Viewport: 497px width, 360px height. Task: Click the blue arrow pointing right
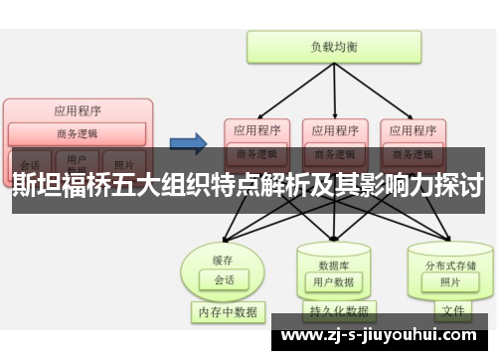pyautogui.click(x=186, y=141)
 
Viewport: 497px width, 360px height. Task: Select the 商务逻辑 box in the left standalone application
pyautogui.click(x=78, y=134)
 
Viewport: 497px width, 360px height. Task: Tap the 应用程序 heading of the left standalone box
pyautogui.click(x=78, y=110)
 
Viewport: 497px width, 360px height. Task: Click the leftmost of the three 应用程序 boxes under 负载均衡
pyautogui.click(x=256, y=129)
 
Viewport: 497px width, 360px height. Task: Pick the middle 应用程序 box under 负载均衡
pyautogui.click(x=334, y=129)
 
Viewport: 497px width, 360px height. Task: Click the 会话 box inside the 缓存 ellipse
pyautogui.click(x=225, y=280)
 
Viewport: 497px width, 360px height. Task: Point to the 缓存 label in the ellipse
pyautogui.click(x=224, y=260)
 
